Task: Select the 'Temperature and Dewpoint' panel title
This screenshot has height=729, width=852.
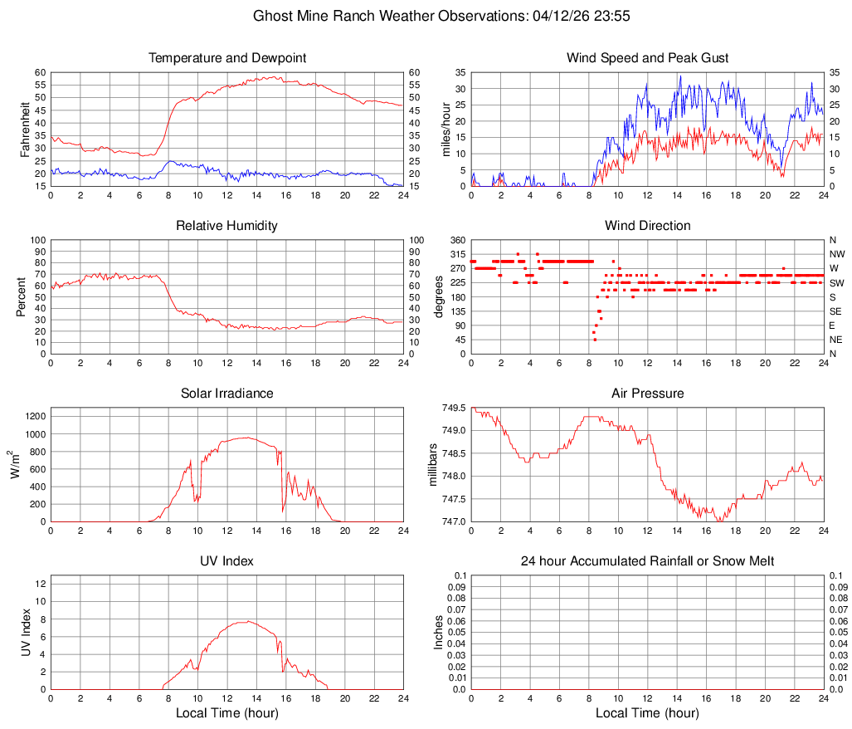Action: pos(227,58)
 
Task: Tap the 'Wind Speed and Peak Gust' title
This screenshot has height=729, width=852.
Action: pos(648,58)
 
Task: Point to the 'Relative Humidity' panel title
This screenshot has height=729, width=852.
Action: pos(227,226)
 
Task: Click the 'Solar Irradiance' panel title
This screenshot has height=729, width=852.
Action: pos(227,393)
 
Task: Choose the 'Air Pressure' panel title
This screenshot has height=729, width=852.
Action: pos(648,393)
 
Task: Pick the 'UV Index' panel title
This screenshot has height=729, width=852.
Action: pos(227,561)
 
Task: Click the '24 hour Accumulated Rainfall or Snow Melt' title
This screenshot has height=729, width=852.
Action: pos(648,561)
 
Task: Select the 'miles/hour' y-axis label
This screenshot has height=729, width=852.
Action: pos(445,129)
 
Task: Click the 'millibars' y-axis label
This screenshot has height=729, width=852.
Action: pos(431,464)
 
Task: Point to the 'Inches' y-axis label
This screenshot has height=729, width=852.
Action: pos(439,632)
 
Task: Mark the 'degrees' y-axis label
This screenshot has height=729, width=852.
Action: pos(439,296)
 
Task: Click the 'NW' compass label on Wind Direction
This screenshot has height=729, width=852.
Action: pos(837,254)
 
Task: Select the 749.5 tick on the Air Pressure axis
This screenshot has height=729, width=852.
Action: pos(453,408)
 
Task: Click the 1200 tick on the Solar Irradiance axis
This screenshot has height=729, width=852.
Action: pos(34,413)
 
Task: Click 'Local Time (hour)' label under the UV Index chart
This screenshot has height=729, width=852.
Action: pos(227,713)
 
